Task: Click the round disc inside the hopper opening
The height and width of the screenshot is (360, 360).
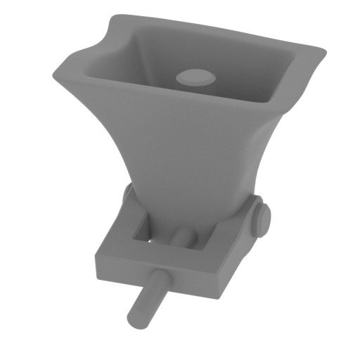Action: [x=195, y=77]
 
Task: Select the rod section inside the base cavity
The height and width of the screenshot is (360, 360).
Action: [x=184, y=238]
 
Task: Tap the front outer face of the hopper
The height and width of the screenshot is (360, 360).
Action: [x=183, y=141]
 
